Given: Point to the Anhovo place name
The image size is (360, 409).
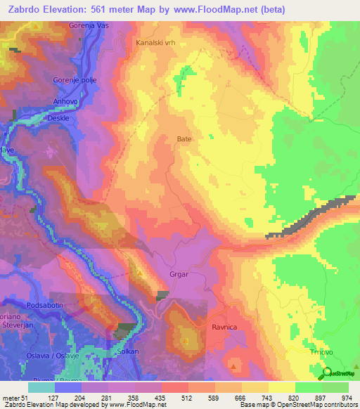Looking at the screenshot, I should pyautogui.click(x=65, y=101).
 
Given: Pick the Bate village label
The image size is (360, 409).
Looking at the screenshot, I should pyautogui.click(x=184, y=139).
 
